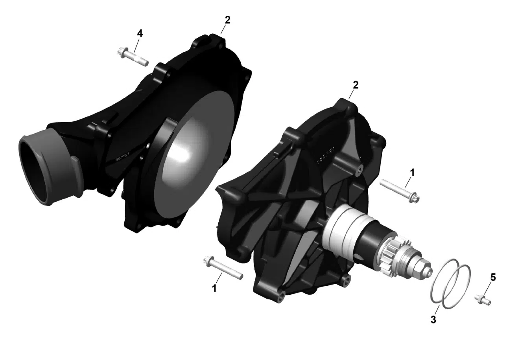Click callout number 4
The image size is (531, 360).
[x=140, y=33]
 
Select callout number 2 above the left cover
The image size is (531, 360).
[x=227, y=20]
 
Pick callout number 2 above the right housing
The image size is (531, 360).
[x=356, y=85]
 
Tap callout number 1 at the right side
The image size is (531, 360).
[x=412, y=172]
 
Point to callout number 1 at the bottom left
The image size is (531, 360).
[x=214, y=288]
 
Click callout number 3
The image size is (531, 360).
[x=433, y=320]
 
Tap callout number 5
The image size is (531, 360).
[x=493, y=277]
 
